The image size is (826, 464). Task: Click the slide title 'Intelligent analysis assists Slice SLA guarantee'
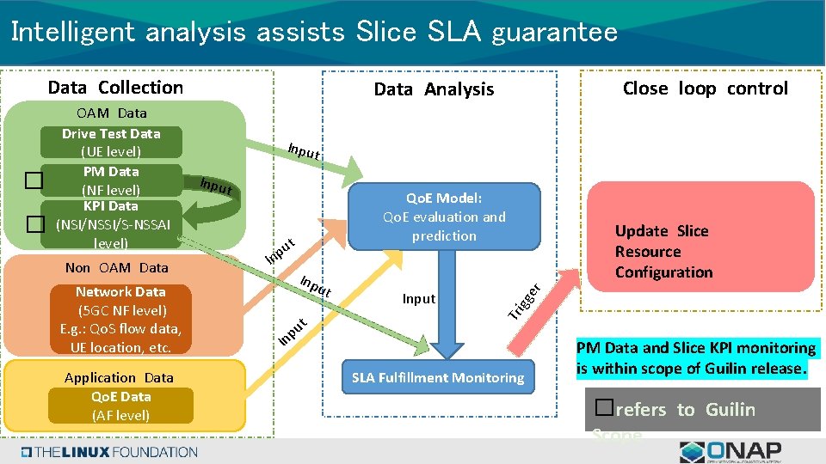coord(314,33)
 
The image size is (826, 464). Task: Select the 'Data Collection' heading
coord(115,88)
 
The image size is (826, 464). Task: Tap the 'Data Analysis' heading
coord(434,89)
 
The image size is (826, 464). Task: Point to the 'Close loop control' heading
coord(705,89)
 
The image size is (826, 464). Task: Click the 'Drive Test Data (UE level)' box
coord(111,143)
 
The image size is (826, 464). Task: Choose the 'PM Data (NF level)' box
coord(111,180)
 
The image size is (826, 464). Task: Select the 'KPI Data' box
coord(111,224)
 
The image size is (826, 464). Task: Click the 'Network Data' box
coord(120,320)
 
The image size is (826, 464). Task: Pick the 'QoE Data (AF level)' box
coord(120,406)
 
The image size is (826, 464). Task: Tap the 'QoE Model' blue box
coord(444,217)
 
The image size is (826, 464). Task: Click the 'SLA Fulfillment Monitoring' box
coord(438,378)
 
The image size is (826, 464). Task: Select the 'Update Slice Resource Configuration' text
coord(663,252)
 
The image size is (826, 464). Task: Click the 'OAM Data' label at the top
coord(111,113)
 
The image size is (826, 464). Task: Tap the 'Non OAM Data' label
coord(117,268)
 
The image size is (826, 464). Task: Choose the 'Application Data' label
coord(119,378)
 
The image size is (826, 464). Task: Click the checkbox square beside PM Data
coord(33,180)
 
